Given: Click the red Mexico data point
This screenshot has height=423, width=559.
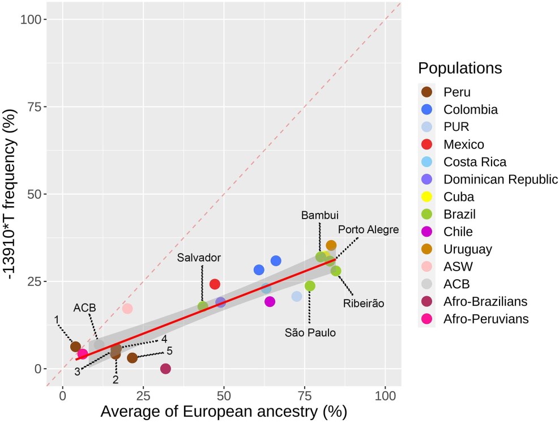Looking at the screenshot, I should click(215, 284).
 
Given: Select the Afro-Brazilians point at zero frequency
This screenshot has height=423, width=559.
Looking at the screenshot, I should click(165, 369).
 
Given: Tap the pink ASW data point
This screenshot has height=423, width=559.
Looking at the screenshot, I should click(127, 309).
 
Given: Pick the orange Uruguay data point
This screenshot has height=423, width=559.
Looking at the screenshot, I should click(331, 245).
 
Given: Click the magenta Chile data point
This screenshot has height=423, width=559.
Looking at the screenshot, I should click(270, 302).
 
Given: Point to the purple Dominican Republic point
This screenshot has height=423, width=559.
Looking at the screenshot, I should click(221, 302).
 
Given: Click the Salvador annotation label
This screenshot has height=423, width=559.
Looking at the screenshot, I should click(199, 258).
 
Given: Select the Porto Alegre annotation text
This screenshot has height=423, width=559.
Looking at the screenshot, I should click(369, 229).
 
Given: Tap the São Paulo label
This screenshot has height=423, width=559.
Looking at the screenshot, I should click(310, 333).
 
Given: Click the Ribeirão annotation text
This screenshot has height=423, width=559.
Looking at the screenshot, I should click(364, 304).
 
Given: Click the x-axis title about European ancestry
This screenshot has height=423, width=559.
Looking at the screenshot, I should click(224, 411).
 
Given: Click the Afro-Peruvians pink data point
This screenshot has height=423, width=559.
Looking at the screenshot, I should click(83, 354).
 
